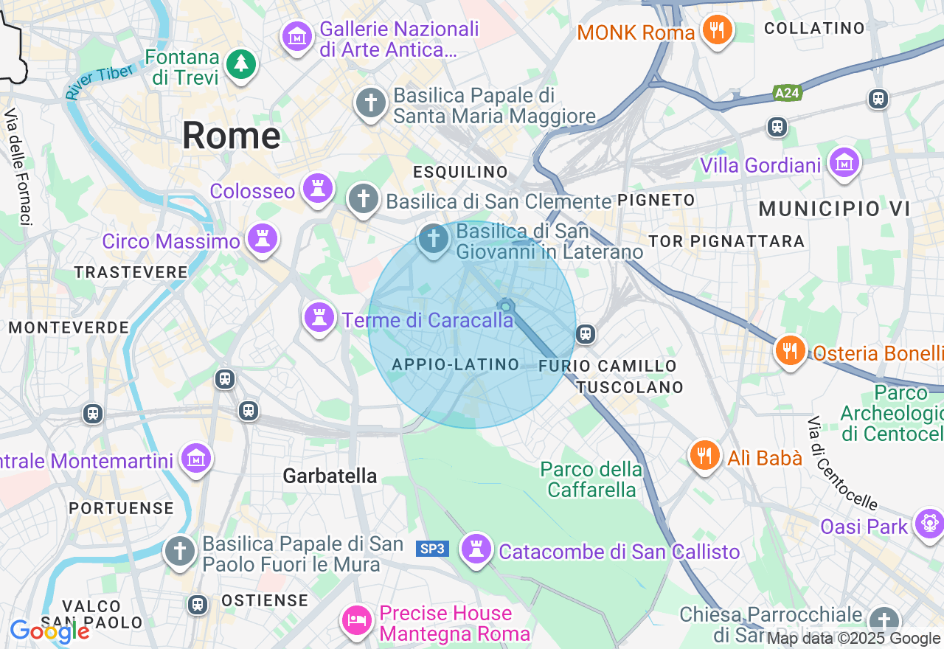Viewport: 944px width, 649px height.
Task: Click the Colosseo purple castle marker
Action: click(318, 189)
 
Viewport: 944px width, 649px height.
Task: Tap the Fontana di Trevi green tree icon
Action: click(240, 63)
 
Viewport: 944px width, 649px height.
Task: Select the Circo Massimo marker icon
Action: click(263, 238)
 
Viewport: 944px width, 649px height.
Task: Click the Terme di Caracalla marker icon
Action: click(319, 317)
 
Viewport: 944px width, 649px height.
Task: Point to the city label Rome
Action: click(231, 136)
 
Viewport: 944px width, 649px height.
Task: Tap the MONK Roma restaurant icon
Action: click(716, 30)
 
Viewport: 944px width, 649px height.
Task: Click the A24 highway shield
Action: click(788, 93)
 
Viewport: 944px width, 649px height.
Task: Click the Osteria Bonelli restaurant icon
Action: click(790, 350)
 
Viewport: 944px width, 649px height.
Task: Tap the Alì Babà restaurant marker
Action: click(704, 455)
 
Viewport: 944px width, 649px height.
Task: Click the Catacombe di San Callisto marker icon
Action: click(476, 549)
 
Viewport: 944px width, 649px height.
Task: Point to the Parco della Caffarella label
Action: click(591, 479)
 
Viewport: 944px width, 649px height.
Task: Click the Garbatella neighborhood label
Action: click(330, 476)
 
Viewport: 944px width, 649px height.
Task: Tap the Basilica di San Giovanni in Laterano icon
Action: click(434, 239)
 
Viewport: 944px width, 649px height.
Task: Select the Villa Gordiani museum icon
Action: click(843, 162)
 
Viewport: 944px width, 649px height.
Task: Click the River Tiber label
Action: click(99, 81)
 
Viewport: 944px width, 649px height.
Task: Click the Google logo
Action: click(49, 631)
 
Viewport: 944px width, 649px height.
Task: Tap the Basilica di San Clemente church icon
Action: click(363, 198)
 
